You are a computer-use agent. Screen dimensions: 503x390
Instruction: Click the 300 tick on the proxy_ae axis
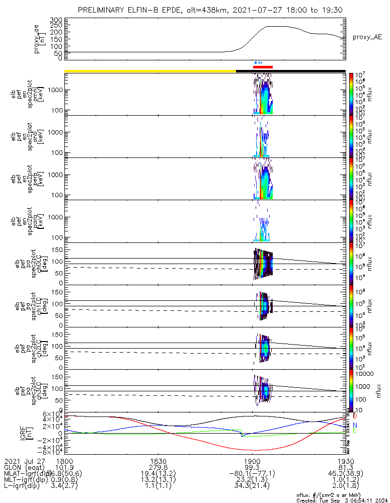tap(56, 20)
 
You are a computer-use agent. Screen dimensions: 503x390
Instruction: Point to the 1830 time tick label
tap(158, 461)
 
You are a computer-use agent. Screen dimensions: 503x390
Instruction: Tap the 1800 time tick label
tap(64, 461)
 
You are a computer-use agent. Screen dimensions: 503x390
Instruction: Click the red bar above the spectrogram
tap(263, 66)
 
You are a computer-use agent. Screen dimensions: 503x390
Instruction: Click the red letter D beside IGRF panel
tap(355, 416)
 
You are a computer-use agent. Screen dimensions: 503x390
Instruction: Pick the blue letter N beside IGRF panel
tap(355, 425)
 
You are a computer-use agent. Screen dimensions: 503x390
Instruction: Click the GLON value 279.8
tap(158, 467)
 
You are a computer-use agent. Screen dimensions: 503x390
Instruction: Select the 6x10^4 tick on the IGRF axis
tap(52, 414)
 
